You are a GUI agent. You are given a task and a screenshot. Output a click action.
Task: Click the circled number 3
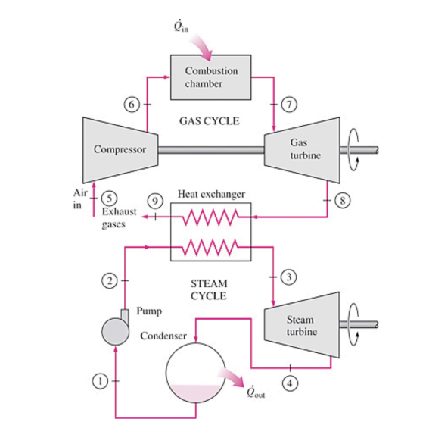tap(288, 275)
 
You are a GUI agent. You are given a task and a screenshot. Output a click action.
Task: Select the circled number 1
tap(98, 381)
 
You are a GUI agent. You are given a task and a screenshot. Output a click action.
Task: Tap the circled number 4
tap(288, 383)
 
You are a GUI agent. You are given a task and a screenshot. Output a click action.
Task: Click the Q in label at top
tap(180, 27)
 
